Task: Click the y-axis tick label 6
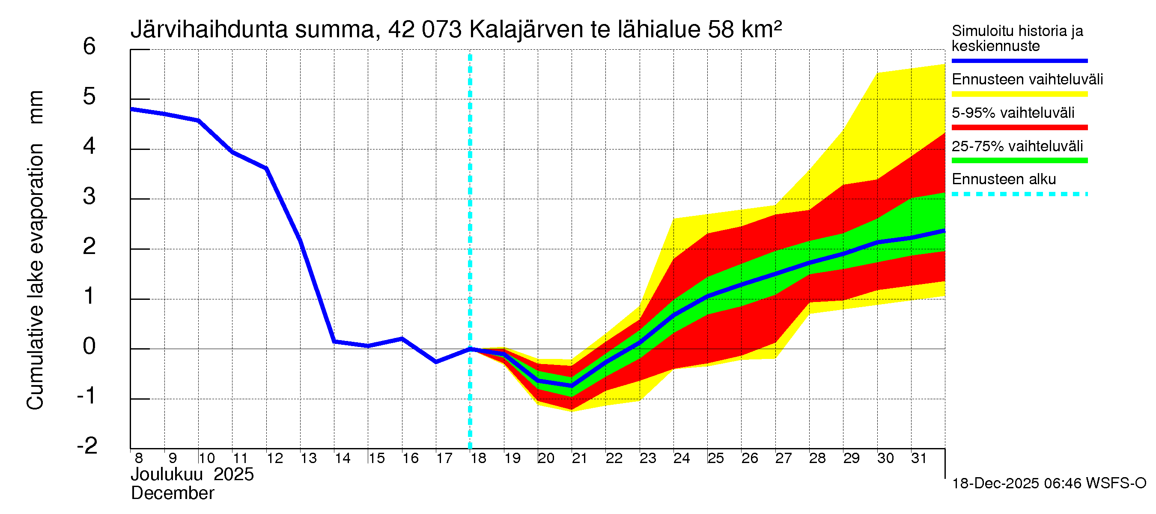(x=89, y=47)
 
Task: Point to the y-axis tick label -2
(x=87, y=446)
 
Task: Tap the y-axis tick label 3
(x=89, y=197)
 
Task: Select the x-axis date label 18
(x=478, y=458)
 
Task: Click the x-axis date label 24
(x=682, y=458)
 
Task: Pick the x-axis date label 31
(x=919, y=458)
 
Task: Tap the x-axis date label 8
(x=139, y=458)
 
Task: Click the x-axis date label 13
(x=308, y=458)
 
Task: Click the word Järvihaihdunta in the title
(x=209, y=30)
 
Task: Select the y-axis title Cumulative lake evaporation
(x=35, y=276)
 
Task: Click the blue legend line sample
(x=1019, y=60)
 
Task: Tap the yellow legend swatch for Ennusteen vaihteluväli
(x=1019, y=94)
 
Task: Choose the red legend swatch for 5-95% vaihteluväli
(x=1019, y=128)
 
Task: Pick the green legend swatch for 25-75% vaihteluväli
(x=1019, y=161)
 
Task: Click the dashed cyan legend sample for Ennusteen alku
(x=1019, y=194)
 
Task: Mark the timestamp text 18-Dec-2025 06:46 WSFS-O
(x=1049, y=484)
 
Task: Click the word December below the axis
(x=172, y=493)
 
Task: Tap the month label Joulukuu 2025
(x=192, y=475)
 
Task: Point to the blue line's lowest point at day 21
(x=572, y=385)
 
